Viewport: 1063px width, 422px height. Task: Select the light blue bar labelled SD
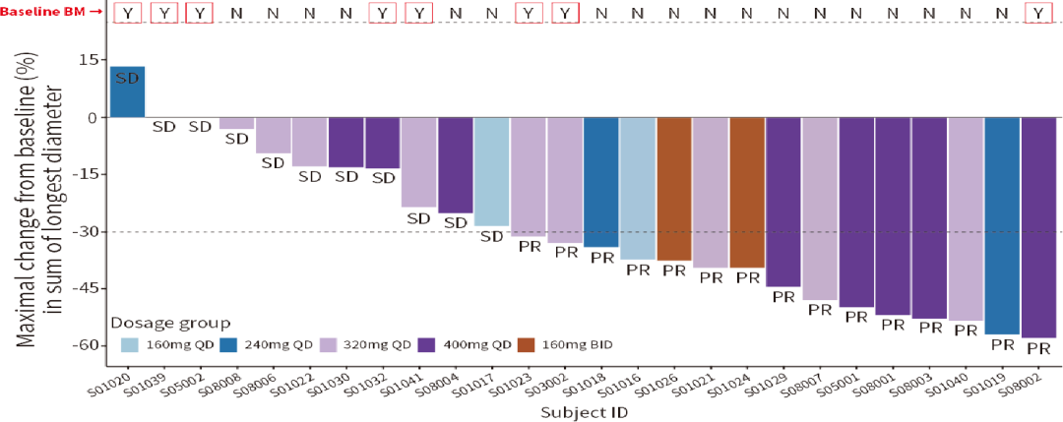coord(491,172)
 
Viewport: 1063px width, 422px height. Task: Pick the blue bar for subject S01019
coord(1002,226)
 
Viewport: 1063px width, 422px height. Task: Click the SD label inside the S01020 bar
coord(128,78)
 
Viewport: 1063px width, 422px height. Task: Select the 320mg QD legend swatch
coord(328,345)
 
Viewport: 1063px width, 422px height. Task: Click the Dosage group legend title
coord(170,322)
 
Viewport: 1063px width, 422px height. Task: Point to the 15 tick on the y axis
coord(90,60)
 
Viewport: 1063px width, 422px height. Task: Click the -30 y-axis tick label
coord(86,232)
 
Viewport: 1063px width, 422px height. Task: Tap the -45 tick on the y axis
coord(86,289)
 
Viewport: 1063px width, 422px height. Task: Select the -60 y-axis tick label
coord(86,345)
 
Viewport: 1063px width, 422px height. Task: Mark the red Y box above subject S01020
coord(128,13)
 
